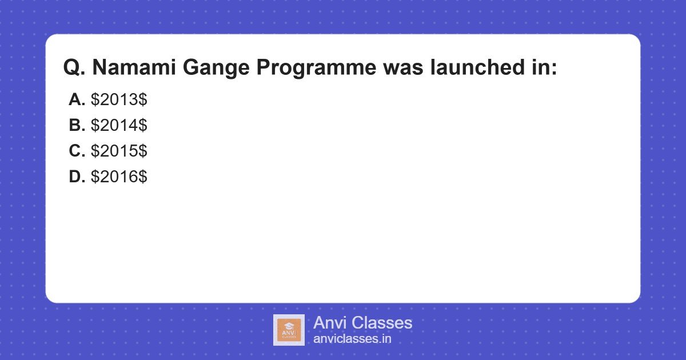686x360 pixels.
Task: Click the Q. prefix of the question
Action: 74,68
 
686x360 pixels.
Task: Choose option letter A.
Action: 77,99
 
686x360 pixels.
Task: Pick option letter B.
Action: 77,125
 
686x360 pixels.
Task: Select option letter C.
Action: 77,151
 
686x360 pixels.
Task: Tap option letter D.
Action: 77,177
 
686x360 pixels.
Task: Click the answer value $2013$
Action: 119,99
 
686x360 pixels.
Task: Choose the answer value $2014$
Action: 119,125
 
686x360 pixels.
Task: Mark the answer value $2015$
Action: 119,151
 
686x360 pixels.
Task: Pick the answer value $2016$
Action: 119,177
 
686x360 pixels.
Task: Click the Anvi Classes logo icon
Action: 289,330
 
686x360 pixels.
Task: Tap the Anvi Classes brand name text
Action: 362,323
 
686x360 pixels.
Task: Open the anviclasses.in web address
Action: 352,339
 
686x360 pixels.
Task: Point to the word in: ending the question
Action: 540,68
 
